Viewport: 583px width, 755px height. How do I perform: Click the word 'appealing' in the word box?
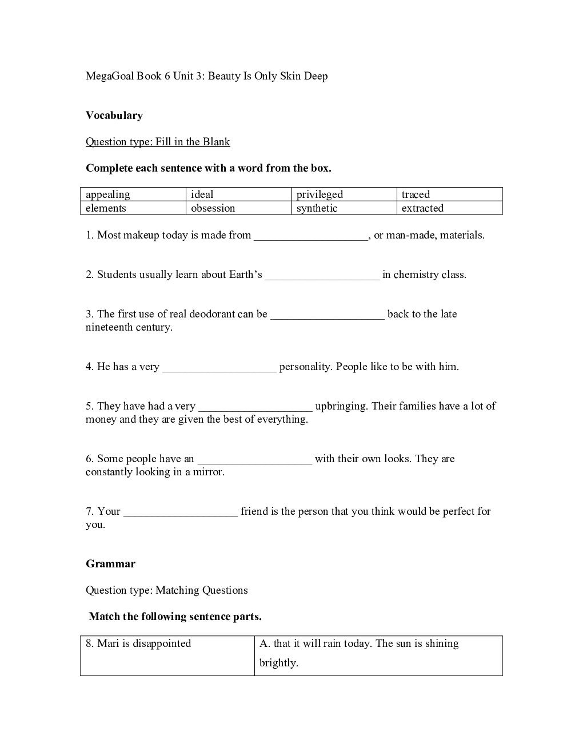(108, 194)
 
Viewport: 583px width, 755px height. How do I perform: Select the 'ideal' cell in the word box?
(202, 194)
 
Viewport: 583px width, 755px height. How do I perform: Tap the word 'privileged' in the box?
(320, 194)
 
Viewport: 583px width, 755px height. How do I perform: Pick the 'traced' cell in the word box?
(416, 194)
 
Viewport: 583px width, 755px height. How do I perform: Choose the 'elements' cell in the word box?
(106, 208)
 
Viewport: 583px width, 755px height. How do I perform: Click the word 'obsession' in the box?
(213, 208)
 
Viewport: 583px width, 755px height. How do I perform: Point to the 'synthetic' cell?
(317, 208)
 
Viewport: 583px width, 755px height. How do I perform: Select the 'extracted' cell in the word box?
(422, 208)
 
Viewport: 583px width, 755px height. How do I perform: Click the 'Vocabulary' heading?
(114, 116)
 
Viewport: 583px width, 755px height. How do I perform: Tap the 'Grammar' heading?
(110, 564)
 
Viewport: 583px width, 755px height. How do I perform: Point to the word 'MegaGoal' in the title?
(109, 76)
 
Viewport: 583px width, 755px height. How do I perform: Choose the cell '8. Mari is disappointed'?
(138, 643)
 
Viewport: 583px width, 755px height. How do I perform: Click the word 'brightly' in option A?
(278, 663)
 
